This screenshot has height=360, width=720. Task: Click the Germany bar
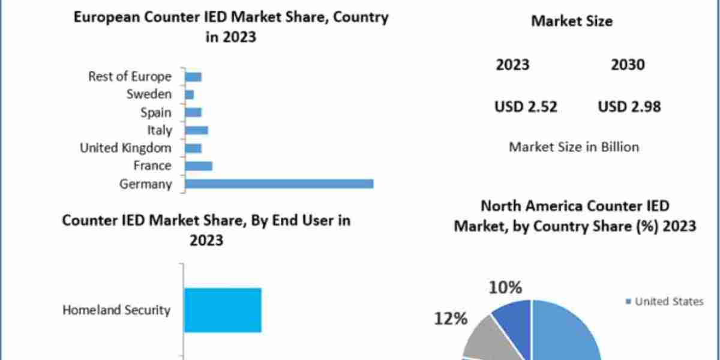click(279, 184)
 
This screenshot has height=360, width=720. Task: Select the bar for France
click(199, 166)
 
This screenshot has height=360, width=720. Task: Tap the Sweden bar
click(190, 94)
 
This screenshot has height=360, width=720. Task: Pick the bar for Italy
click(197, 130)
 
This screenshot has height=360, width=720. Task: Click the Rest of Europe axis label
click(130, 76)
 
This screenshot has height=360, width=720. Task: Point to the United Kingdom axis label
click(125, 148)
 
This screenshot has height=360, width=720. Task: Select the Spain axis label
click(155, 112)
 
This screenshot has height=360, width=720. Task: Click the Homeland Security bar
click(223, 310)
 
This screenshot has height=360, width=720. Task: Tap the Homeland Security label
click(116, 310)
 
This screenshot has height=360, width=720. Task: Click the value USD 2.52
click(526, 107)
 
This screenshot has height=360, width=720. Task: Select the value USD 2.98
click(629, 107)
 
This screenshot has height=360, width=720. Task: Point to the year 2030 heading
click(628, 65)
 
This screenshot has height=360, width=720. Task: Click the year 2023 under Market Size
click(512, 65)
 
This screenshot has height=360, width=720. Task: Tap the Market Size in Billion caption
click(574, 146)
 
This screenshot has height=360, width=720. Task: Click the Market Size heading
click(572, 21)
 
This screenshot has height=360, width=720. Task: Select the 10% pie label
click(505, 288)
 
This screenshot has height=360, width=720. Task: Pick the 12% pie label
click(450, 319)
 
